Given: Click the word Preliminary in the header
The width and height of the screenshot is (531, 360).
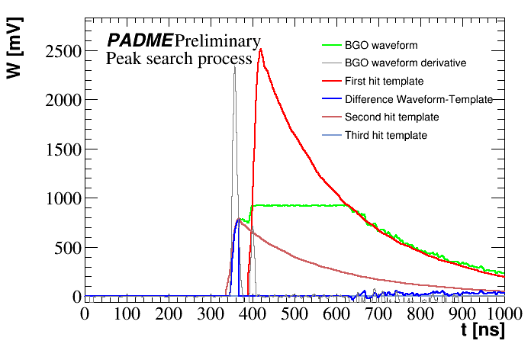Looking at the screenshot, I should pos(217,41).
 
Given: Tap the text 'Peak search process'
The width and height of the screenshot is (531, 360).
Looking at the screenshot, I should pos(179,59).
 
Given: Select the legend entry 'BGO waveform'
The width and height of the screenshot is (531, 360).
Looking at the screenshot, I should pos(381,46).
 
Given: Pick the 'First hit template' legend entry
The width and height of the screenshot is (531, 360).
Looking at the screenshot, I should pos(384,81).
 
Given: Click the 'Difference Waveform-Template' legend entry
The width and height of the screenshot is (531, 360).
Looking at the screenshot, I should pos(418,99).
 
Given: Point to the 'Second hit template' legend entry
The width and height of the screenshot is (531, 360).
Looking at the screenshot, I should pos(391,117).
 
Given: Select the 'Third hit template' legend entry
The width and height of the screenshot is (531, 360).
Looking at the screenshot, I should pos(385,136).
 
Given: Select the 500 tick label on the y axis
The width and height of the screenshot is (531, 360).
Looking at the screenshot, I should pos(66,248).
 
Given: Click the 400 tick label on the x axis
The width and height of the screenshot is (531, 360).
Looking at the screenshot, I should pos(253,313).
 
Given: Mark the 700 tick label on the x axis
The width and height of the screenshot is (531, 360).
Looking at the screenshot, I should pos(378,313).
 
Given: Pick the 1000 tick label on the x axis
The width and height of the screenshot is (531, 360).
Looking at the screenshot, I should pos(501,313).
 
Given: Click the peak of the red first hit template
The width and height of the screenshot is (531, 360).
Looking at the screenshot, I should pos(261,50).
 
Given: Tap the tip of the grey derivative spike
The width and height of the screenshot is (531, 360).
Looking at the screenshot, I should pos(234,66).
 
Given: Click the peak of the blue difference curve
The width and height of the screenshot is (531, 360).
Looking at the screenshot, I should pos(237,220).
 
